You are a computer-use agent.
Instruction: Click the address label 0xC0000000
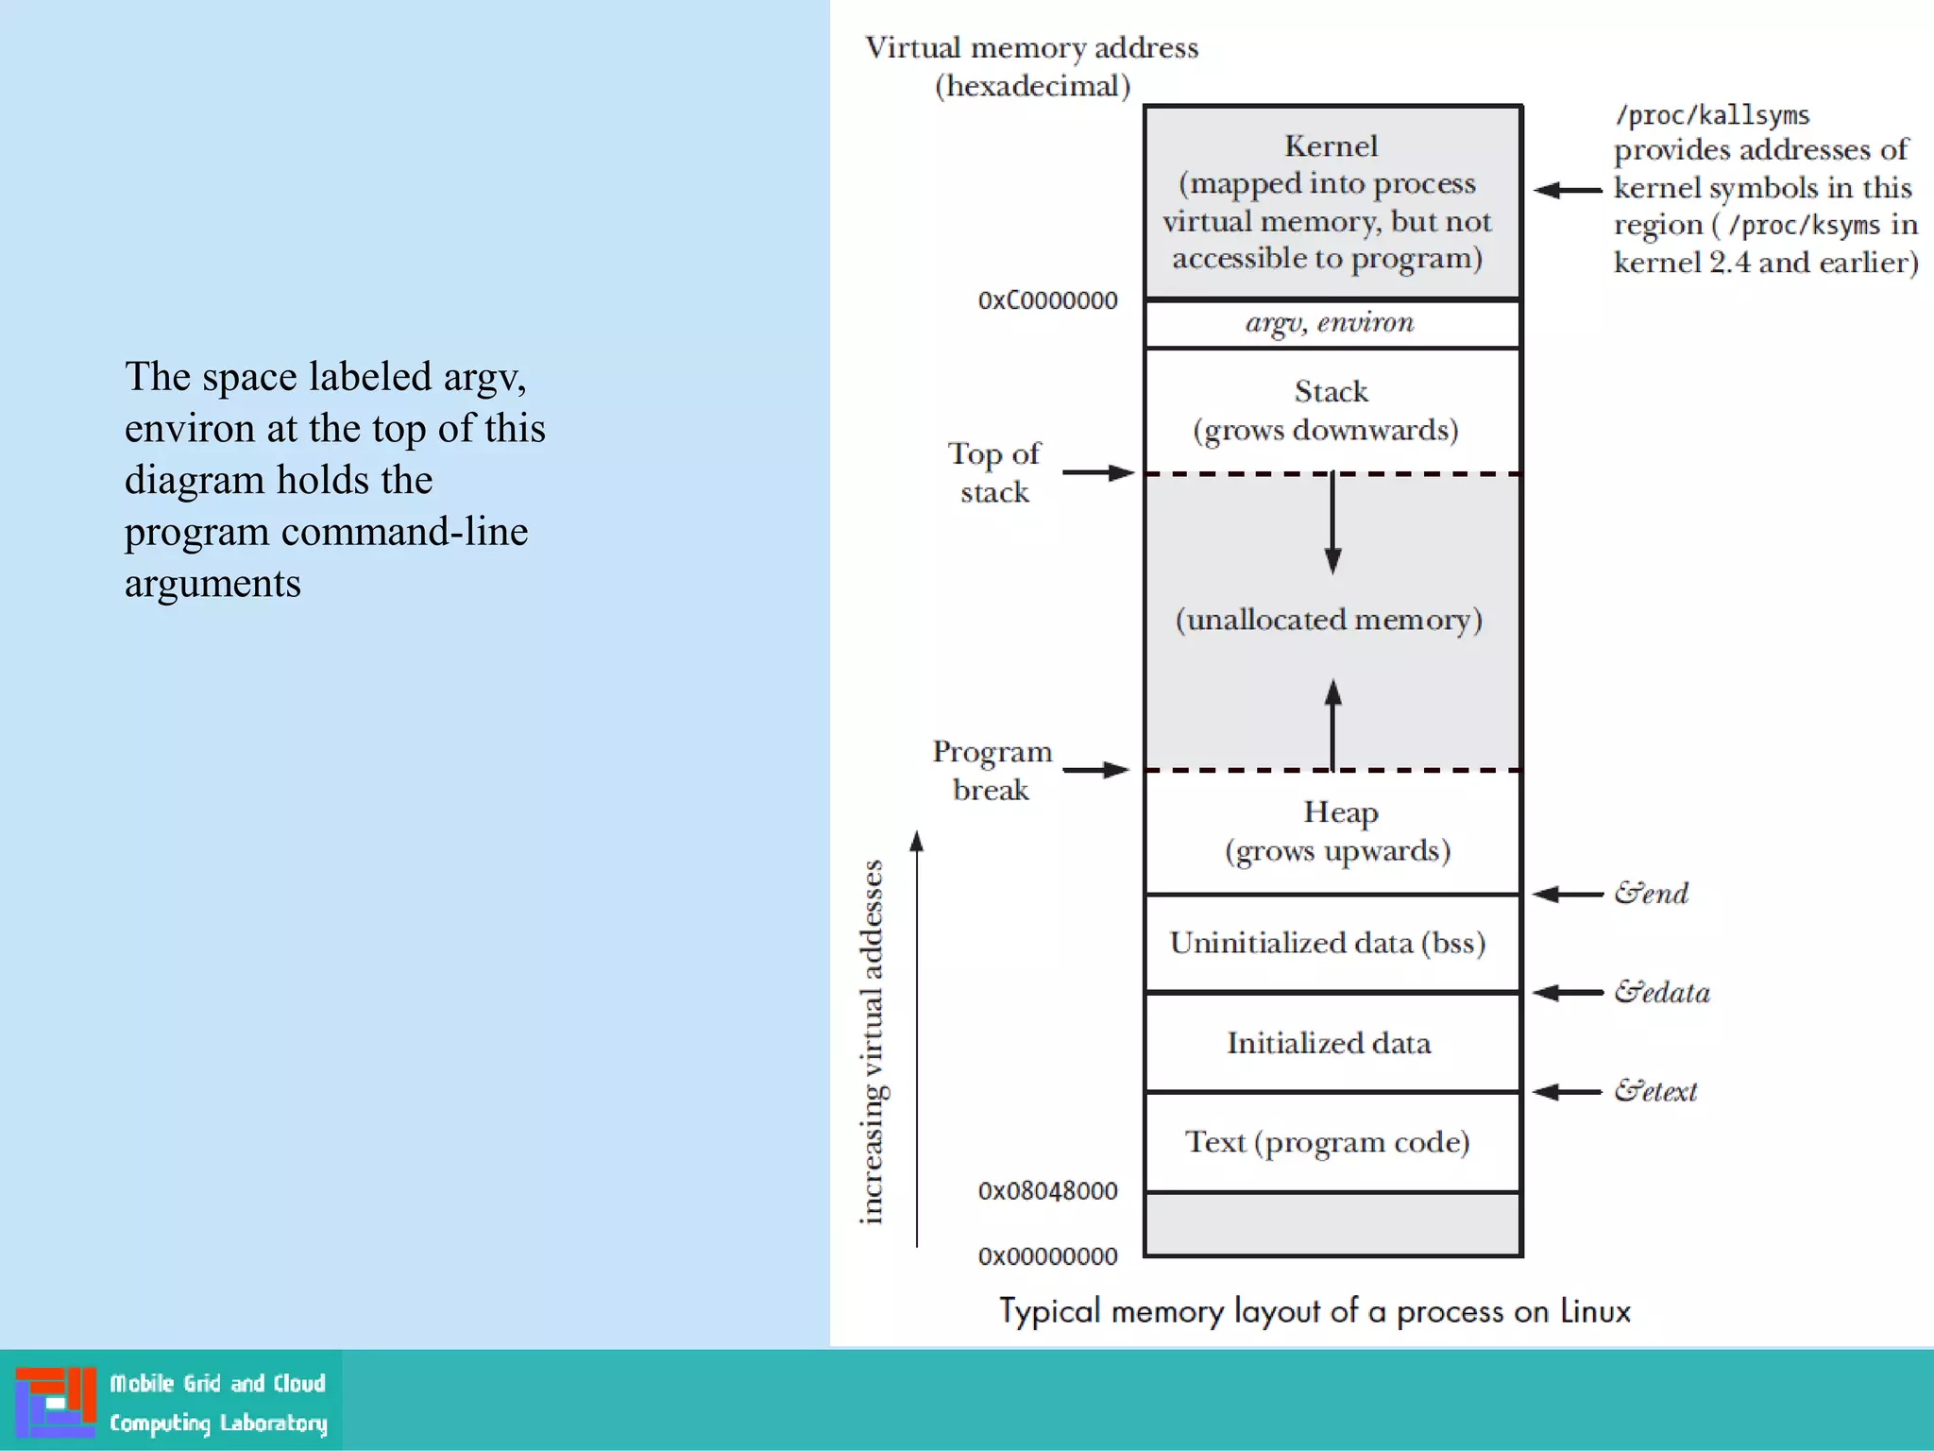pyautogui.click(x=1047, y=300)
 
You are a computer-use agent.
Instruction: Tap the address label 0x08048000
pyautogui.click(x=1047, y=1191)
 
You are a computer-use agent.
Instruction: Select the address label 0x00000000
pyautogui.click(x=1047, y=1256)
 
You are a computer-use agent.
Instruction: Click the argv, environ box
pyautogui.click(x=1332, y=324)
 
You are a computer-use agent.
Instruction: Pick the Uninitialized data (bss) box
pyautogui.click(x=1332, y=943)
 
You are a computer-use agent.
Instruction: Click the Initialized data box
pyautogui.click(x=1332, y=1043)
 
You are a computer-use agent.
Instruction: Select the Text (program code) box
pyautogui.click(x=1332, y=1142)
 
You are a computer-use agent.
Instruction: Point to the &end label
pyautogui.click(x=1651, y=894)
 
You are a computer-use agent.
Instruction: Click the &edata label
pyautogui.click(x=1662, y=993)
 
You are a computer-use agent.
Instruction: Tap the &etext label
pyautogui.click(x=1655, y=1092)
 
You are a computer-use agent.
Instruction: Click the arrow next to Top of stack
pyautogui.click(x=1097, y=472)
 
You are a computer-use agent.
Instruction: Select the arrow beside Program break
pyautogui.click(x=1095, y=770)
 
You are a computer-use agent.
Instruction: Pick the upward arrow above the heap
pyautogui.click(x=1332, y=723)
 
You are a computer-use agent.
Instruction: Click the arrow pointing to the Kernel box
pyautogui.click(x=1568, y=190)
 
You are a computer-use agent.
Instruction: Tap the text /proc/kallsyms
pyautogui.click(x=1712, y=115)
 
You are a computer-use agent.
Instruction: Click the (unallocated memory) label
pyautogui.click(x=1330, y=620)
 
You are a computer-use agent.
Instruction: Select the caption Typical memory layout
pyautogui.click(x=1315, y=1311)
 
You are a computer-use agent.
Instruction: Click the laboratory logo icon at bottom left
pyautogui.click(x=55, y=1402)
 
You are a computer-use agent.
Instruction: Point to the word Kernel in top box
pyautogui.click(x=1332, y=146)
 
